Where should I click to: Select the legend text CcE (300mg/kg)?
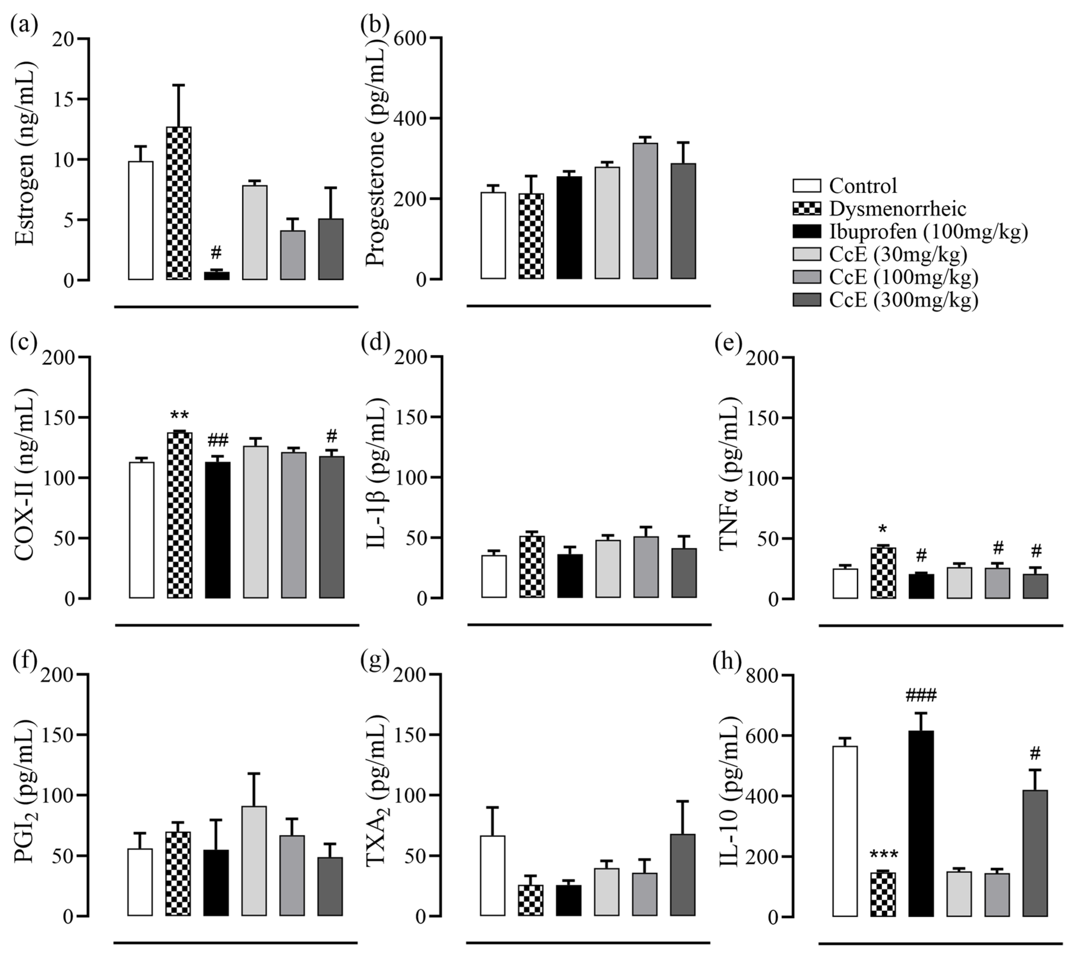tap(903, 300)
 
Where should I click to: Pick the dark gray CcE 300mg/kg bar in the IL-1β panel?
tap(684, 573)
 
